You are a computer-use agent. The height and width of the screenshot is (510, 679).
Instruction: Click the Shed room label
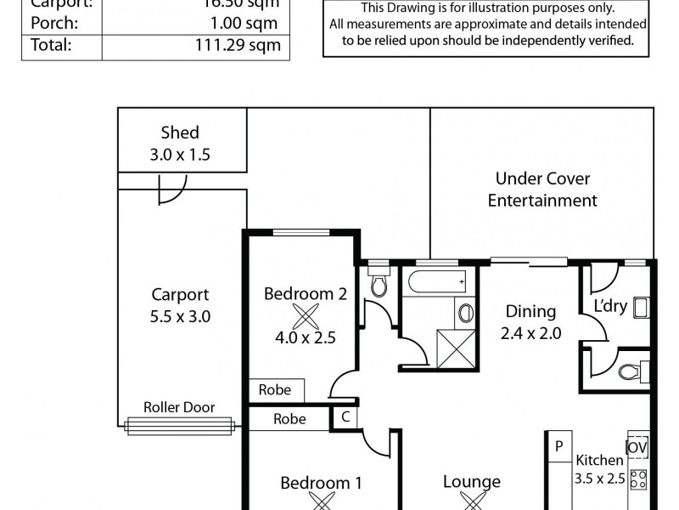pos(180,133)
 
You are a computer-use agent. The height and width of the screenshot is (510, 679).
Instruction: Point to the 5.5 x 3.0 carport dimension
pos(180,316)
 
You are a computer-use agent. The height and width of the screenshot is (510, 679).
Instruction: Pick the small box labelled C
pos(345,417)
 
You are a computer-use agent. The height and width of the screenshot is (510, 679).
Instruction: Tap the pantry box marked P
pos(558,446)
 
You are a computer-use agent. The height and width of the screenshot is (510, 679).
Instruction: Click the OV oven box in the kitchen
pos(637,446)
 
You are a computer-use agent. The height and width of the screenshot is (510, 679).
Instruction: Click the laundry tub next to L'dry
pos(641,307)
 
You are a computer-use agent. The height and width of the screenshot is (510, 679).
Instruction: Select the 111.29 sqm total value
pos(248,45)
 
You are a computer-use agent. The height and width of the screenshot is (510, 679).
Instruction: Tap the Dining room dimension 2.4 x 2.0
pos(530,333)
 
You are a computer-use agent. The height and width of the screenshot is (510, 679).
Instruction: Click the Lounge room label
pos(471,482)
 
